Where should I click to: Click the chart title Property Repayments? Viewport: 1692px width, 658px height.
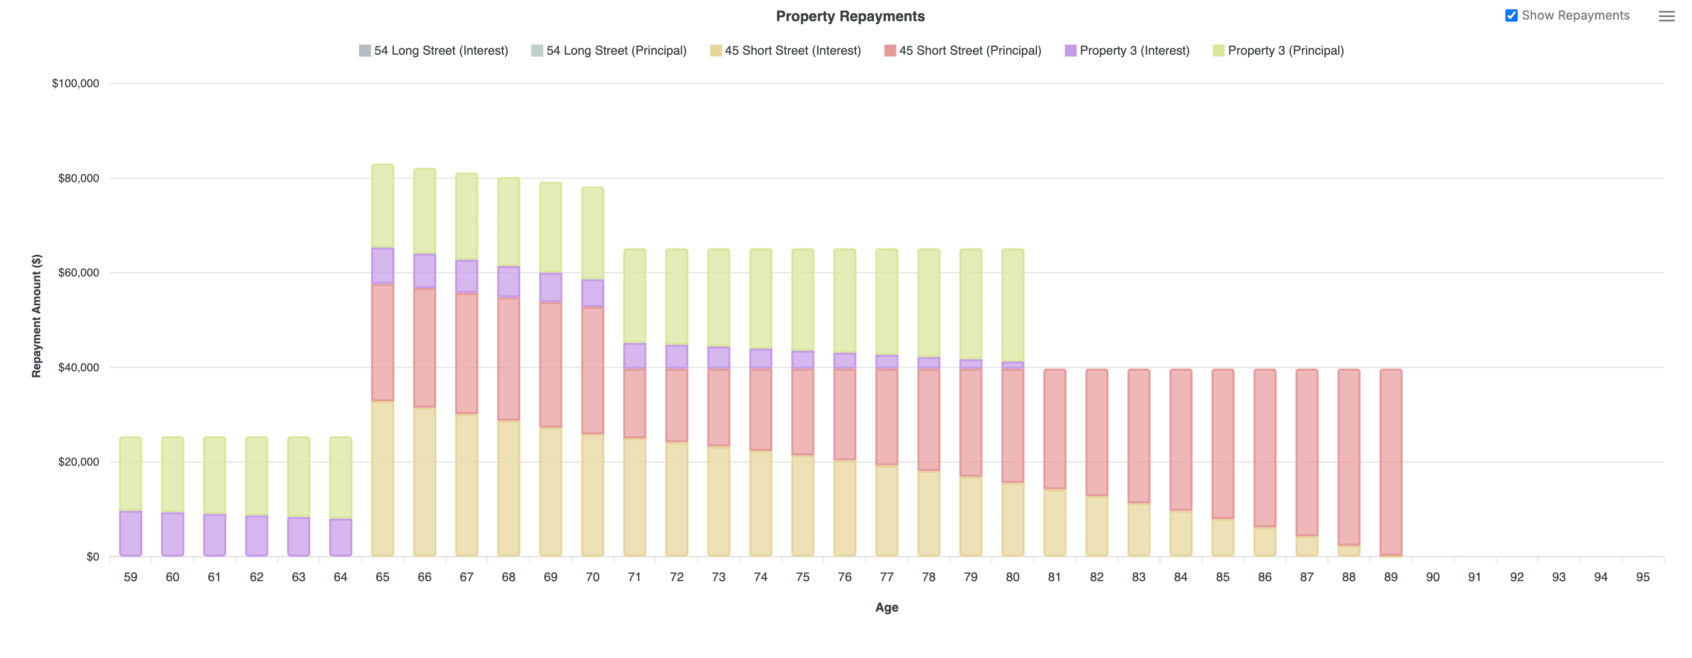(x=850, y=17)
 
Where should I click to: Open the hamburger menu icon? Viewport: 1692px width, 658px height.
(x=1666, y=17)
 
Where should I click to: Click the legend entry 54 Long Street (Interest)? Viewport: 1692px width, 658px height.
(x=434, y=51)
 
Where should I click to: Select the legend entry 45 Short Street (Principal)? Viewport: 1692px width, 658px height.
(x=963, y=51)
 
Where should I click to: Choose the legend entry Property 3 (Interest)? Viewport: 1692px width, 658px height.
(x=1126, y=51)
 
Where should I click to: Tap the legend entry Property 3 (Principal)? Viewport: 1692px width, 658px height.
(x=1278, y=51)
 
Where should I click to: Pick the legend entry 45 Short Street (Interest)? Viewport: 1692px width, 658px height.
(x=785, y=51)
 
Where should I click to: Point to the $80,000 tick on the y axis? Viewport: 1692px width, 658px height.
(x=78, y=178)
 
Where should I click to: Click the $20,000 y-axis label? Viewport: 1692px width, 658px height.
(x=78, y=462)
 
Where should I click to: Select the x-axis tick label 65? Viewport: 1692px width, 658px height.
(x=383, y=577)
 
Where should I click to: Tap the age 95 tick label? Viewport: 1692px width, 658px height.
(x=1642, y=577)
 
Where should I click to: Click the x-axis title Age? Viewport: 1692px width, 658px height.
(x=886, y=607)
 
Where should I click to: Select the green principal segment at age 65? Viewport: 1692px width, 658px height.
(x=383, y=206)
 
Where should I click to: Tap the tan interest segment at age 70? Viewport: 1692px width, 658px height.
(x=592, y=494)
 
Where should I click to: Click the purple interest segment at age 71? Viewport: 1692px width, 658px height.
(x=635, y=356)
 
